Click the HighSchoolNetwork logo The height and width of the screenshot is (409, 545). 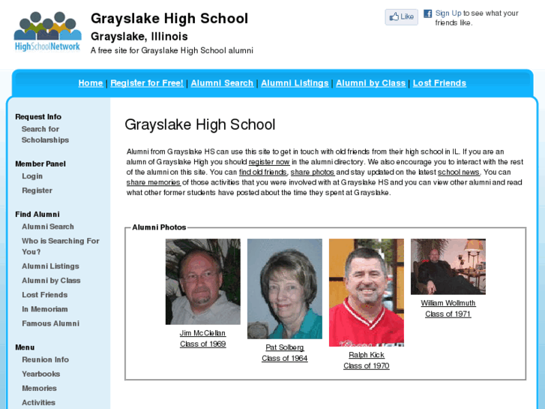click(x=47, y=32)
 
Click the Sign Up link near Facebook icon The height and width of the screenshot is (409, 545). click(x=448, y=14)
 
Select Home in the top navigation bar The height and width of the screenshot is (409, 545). click(x=91, y=83)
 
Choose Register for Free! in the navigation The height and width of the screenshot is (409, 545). click(x=147, y=83)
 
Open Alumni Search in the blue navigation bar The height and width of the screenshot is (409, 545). click(x=222, y=83)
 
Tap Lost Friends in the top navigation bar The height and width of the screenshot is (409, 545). click(x=439, y=83)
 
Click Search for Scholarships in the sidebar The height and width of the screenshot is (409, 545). click(x=45, y=134)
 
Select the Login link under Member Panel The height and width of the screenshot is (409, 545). click(x=32, y=176)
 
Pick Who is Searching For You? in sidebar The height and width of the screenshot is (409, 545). click(x=60, y=246)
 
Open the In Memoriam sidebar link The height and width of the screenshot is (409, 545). click(x=45, y=309)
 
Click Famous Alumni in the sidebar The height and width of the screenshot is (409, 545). click(x=50, y=323)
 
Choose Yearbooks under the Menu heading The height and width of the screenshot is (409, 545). click(x=40, y=374)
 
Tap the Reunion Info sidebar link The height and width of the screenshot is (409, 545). click(x=45, y=359)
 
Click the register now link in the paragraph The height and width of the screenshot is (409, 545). click(x=269, y=162)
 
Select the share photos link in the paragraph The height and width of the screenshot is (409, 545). click(x=313, y=173)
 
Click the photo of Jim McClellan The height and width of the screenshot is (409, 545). click(x=202, y=281)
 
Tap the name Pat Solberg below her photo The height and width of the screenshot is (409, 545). click(x=285, y=347)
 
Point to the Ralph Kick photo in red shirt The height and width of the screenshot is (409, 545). click(x=366, y=293)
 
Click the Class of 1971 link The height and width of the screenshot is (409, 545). click(x=448, y=314)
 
